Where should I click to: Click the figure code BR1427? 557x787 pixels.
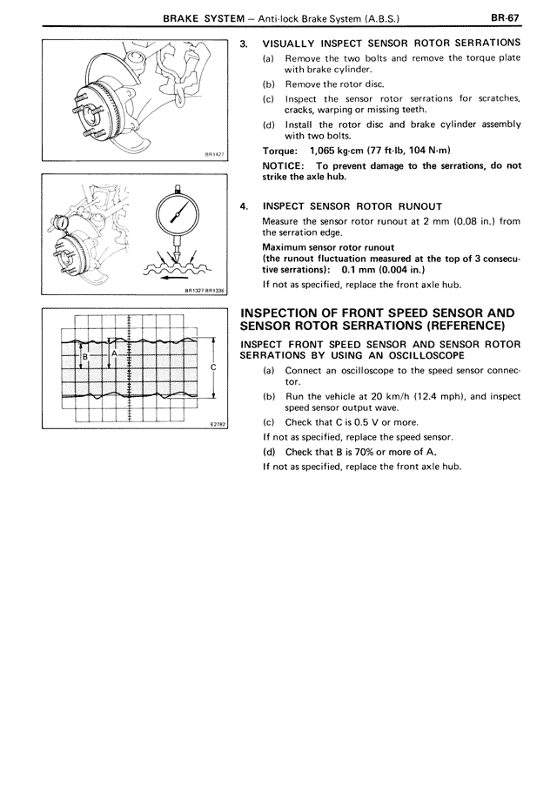tap(214, 156)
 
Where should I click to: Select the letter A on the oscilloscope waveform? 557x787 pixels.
tap(115, 353)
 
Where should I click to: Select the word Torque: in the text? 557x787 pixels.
tap(280, 150)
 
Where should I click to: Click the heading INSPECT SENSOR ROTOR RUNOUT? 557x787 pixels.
tap(352, 206)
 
